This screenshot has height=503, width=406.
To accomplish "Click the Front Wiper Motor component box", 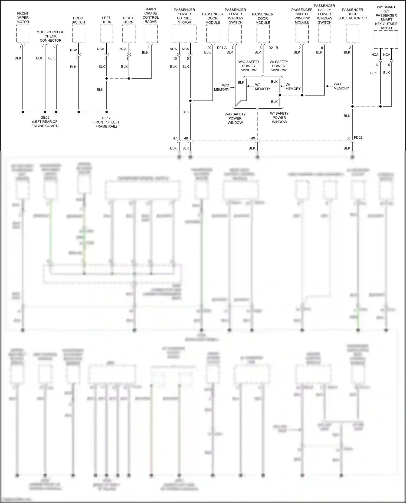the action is coord(23,34).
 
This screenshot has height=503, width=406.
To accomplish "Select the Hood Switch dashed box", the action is coord(78,34).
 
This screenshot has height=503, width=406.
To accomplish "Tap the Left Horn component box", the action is coord(106,34).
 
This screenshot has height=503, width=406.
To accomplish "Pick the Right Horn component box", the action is coord(129,34).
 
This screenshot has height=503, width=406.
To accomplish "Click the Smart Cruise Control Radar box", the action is coord(151,34).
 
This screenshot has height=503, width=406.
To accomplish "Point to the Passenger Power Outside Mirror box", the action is coord(185,34).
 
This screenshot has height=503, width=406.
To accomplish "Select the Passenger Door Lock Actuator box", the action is coord(352,34).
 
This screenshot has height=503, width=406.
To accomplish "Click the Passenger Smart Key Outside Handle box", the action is coord(386,39).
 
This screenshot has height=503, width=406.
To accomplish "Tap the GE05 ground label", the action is coord(45,118).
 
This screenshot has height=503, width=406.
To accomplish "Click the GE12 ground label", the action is coord(106,118).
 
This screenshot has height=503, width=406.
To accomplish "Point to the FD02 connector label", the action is coord(358,138).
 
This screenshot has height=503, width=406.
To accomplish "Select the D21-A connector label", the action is coord(222,48).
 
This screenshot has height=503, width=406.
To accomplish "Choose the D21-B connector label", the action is coord(273,48).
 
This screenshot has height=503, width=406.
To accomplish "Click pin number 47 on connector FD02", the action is coord(175,138).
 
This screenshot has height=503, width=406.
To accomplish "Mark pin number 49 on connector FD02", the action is coord(253,138).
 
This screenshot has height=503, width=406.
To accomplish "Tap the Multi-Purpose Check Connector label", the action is coord(51,36).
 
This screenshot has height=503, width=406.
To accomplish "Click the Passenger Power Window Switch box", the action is coord(235,34).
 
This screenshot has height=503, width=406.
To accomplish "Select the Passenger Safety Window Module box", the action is coord(302,34).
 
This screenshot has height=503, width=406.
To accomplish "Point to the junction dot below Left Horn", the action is coord(107,78).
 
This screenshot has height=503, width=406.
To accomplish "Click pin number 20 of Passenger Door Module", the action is coord(209,48).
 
